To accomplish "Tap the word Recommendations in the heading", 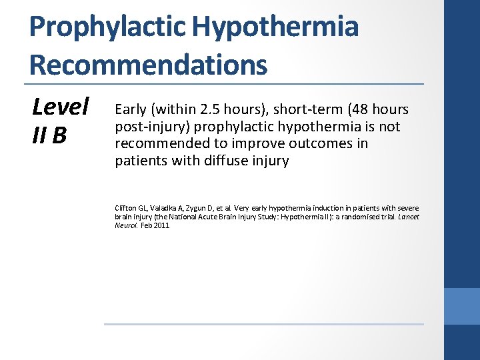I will pyautogui.click(x=148, y=65).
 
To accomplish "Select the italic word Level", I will pyautogui.click(x=61, y=106).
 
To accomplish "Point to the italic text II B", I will pyautogui.click(x=49, y=135).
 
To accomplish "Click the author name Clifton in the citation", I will pyautogui.click(x=127, y=208).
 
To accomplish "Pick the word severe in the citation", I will pyautogui.click(x=407, y=208).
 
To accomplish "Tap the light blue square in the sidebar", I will pyautogui.click(x=461, y=307).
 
